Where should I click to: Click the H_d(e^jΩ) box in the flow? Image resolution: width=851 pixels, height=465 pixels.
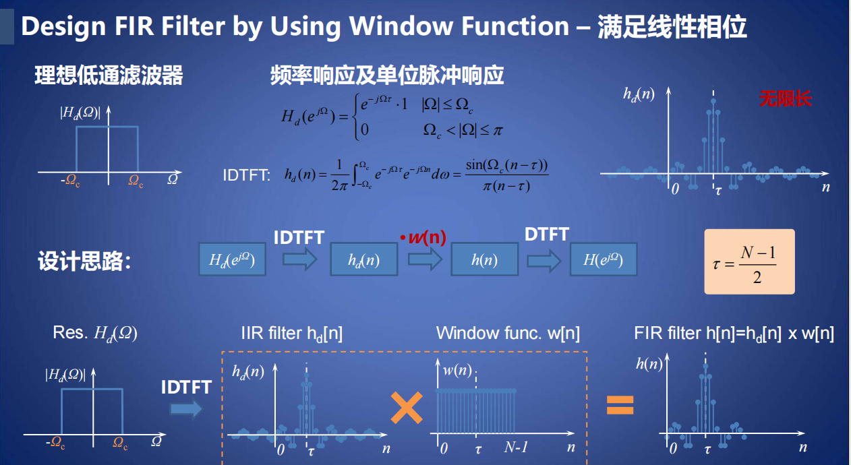tap(232, 259)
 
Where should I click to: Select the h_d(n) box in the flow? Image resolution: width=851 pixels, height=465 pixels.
tap(364, 259)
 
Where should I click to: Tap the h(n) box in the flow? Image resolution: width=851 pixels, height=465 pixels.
tap(484, 259)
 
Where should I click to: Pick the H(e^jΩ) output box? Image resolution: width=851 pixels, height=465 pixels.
tap(604, 259)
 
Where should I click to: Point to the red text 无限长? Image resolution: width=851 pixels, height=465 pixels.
tap(786, 98)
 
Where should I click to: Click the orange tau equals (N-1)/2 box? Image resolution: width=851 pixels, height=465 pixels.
tap(749, 261)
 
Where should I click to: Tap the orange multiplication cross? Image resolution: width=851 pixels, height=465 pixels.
tap(407, 407)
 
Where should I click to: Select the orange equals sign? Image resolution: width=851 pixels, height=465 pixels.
tap(620, 405)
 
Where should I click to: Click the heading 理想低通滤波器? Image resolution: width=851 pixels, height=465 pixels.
tap(109, 75)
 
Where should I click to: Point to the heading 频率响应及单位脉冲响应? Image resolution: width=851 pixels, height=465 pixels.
tap(387, 75)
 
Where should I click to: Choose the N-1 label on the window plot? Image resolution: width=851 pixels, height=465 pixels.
tap(516, 447)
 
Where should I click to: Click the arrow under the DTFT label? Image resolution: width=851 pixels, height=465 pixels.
tap(544, 260)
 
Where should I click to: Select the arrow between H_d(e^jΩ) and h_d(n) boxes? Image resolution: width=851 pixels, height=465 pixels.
tap(300, 259)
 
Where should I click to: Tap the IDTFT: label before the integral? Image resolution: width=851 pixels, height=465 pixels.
tap(247, 175)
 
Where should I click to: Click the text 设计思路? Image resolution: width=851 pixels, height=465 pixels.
tap(84, 261)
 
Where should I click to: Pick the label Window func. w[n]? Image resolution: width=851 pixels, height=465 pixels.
tap(508, 334)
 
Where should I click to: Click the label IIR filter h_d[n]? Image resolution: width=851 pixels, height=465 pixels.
tap(292, 334)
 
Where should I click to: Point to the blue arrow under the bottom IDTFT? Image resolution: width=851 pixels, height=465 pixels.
tap(186, 409)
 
